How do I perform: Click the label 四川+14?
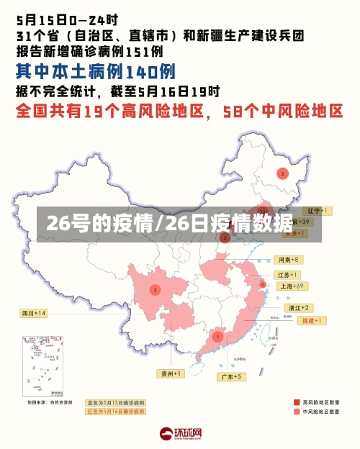pos(34,313)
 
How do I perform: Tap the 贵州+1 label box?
pos(172,373)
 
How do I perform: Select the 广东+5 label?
pos(232,376)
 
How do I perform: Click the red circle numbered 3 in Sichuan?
pos(155,289)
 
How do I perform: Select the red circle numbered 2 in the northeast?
pos(282,173)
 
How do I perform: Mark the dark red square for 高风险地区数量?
pos(296,402)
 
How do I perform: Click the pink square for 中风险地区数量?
pos(296,412)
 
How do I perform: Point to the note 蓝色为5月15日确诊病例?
pos(115,402)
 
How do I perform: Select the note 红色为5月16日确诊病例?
pos(115,412)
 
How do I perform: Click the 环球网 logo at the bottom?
pos(180,433)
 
